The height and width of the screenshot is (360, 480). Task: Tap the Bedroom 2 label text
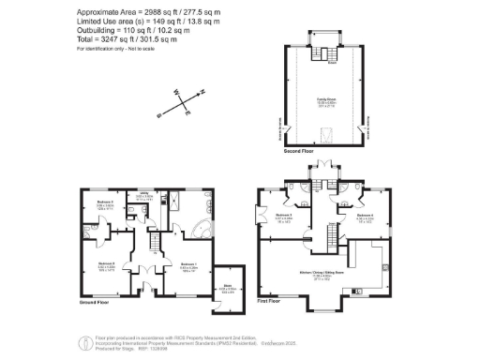click(x=105, y=263)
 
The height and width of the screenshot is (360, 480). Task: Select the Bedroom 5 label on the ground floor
click(x=105, y=202)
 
